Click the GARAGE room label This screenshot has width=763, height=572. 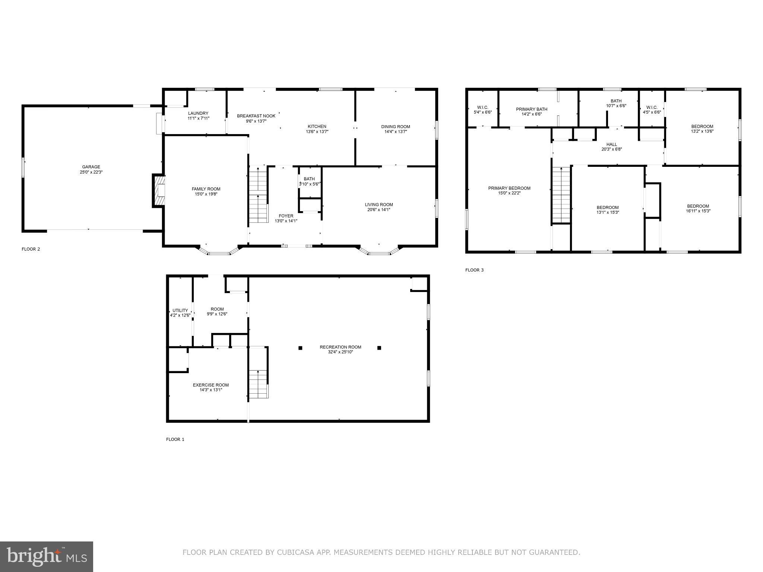(x=91, y=167)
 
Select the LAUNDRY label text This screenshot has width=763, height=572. (x=198, y=113)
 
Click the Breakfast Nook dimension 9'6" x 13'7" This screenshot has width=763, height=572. (x=256, y=121)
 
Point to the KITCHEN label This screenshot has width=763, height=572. (x=317, y=126)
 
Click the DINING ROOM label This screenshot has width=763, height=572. (x=395, y=127)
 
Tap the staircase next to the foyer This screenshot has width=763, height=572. (x=258, y=196)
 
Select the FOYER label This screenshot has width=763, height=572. (x=286, y=216)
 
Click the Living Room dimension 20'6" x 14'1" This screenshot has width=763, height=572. (x=379, y=210)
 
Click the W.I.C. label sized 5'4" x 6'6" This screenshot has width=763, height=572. (x=482, y=112)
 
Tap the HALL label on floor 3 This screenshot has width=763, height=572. (x=611, y=144)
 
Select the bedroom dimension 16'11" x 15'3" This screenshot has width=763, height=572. (x=698, y=211)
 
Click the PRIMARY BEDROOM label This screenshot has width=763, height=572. (x=509, y=188)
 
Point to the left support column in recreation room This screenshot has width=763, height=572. (x=300, y=348)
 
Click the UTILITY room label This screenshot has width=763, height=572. (x=180, y=310)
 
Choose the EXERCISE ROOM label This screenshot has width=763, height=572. (x=210, y=385)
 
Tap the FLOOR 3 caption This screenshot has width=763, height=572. (x=474, y=270)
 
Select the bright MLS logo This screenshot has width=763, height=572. (x=47, y=556)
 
